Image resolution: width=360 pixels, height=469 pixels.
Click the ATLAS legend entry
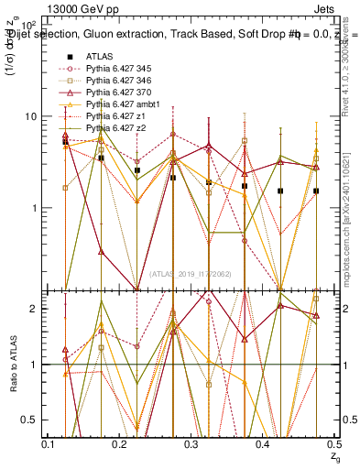(x=100, y=56)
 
